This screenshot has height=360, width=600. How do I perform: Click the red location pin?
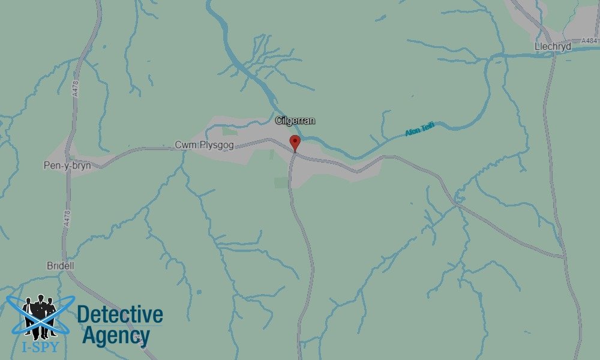[x=295, y=142]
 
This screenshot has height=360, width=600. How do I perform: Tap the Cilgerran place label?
[x=295, y=121]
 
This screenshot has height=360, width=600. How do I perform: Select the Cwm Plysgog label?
[x=204, y=146]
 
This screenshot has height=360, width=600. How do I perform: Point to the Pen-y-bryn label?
[x=68, y=166]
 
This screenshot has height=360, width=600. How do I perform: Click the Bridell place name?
[x=60, y=265]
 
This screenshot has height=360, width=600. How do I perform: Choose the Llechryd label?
[x=553, y=46]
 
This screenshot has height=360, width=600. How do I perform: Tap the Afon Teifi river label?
[x=419, y=129]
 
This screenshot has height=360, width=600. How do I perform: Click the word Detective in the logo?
[x=120, y=314]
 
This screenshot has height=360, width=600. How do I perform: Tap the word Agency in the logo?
[x=116, y=336]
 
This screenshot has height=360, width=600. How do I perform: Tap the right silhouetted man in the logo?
[x=52, y=314]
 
